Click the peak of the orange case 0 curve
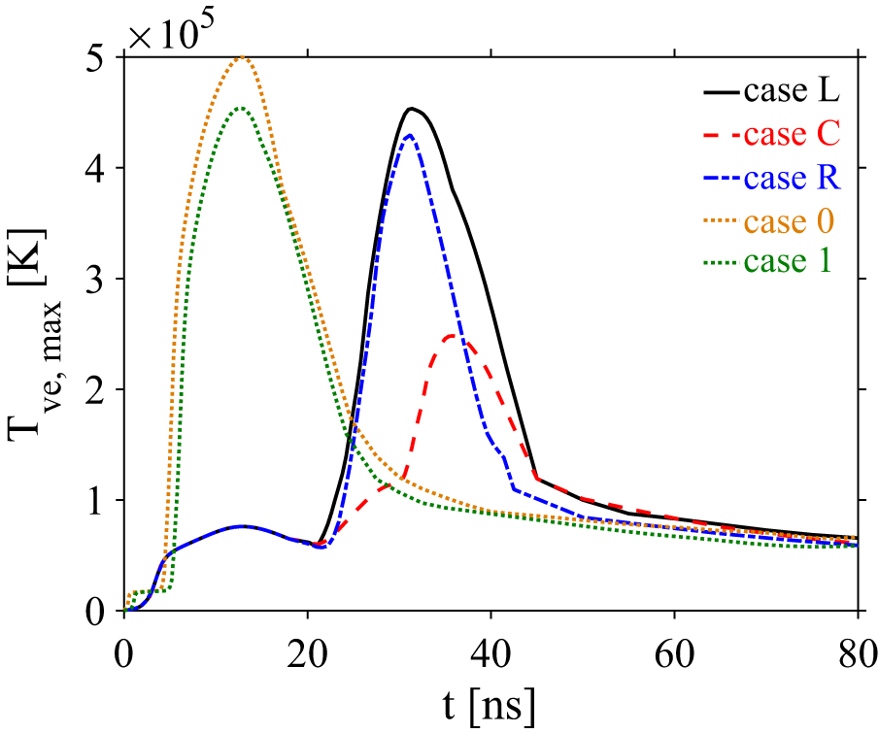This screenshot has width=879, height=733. coord(243,57)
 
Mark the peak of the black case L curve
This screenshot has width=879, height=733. coord(412,108)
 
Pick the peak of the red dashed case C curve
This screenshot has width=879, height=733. coord(452,336)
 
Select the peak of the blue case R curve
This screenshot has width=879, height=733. coord(410,135)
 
